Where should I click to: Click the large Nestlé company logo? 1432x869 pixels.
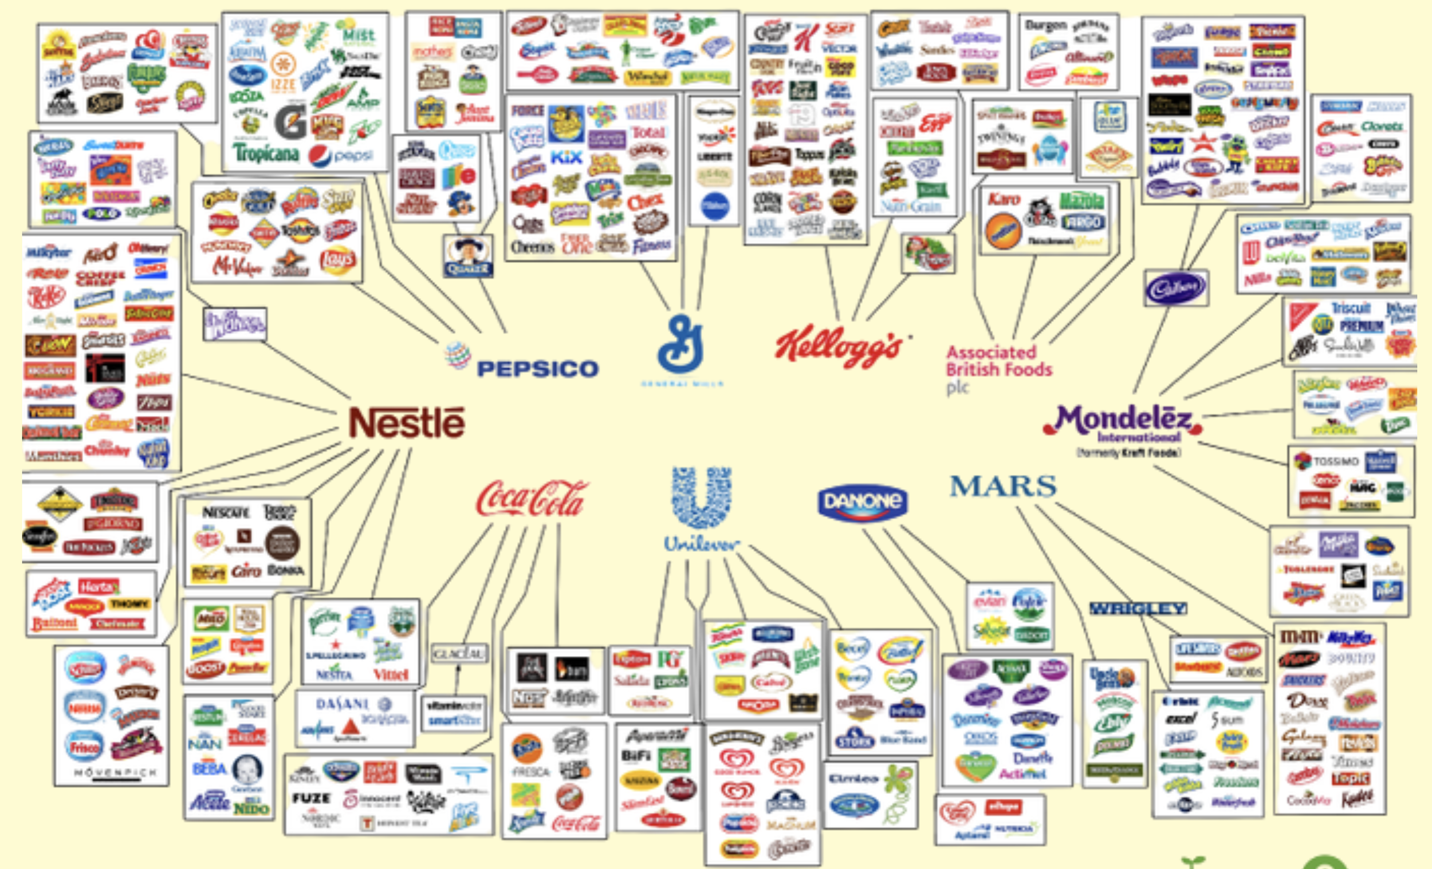(407, 423)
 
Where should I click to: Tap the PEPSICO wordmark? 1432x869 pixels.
(537, 369)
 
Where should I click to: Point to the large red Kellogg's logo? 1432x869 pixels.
(839, 347)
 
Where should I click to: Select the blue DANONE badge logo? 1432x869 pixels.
(863, 501)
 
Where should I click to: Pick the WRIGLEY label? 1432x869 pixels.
(1138, 608)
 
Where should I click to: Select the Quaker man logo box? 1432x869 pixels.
(468, 256)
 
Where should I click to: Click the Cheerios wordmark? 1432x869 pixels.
(532, 247)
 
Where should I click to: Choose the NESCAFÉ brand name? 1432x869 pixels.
(226, 512)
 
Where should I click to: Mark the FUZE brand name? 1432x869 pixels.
(311, 798)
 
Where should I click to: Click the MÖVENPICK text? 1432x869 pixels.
(115, 773)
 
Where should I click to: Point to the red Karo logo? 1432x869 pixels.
(1004, 199)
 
